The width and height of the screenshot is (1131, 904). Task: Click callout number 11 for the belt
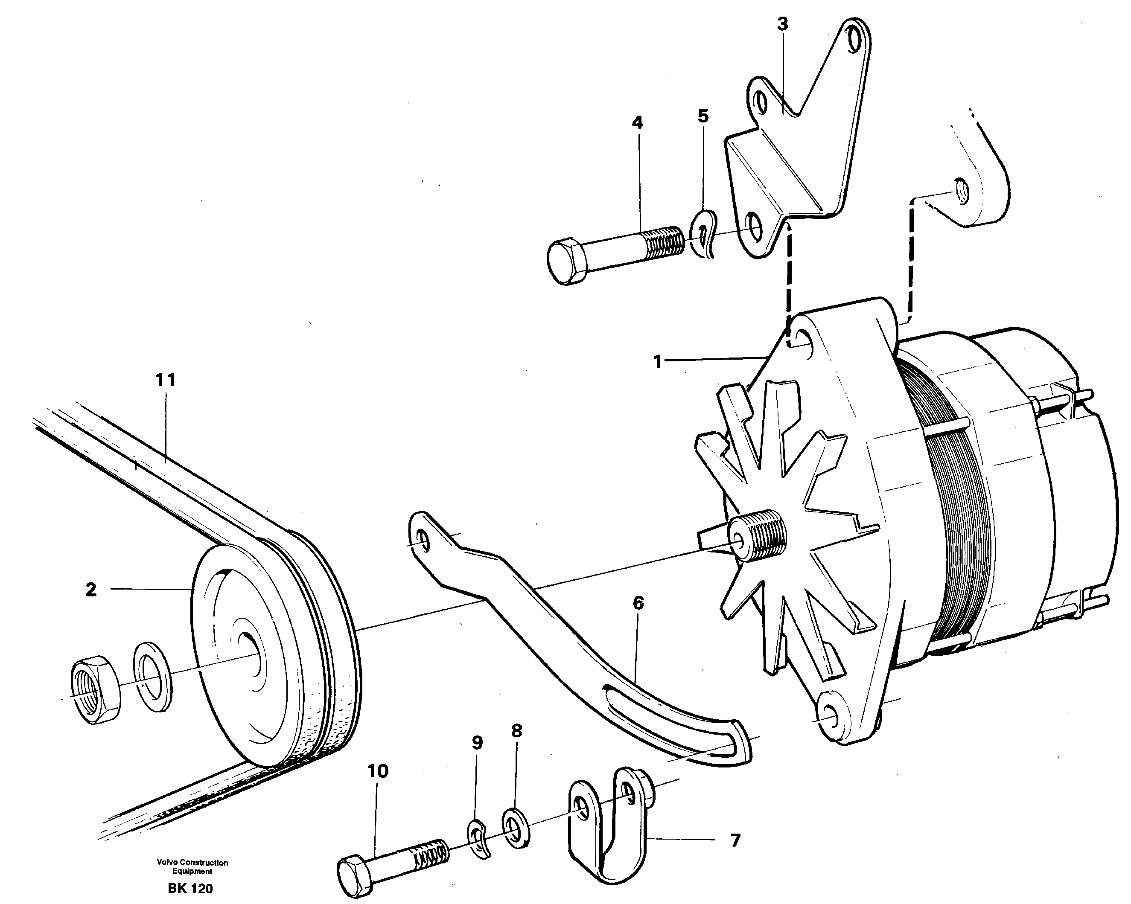165,380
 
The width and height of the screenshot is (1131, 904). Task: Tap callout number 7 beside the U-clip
735,840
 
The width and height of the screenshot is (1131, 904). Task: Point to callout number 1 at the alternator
658,362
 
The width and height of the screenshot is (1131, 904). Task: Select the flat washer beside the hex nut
153,677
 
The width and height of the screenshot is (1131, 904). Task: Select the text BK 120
190,889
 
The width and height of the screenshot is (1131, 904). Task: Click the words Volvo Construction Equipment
192,867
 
